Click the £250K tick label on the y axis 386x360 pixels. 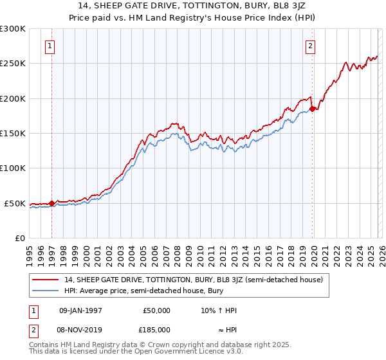click(13, 64)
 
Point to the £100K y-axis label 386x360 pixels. click(13, 168)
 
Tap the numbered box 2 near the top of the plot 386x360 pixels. click(311, 46)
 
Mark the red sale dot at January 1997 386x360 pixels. click(52, 203)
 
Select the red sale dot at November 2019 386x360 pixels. click(312, 109)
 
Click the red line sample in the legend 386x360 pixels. click(46, 280)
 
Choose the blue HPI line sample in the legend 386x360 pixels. click(46, 291)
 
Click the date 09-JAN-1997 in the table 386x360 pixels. click(80, 310)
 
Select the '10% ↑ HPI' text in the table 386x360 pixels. click(219, 310)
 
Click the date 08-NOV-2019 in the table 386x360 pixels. click(81, 329)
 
